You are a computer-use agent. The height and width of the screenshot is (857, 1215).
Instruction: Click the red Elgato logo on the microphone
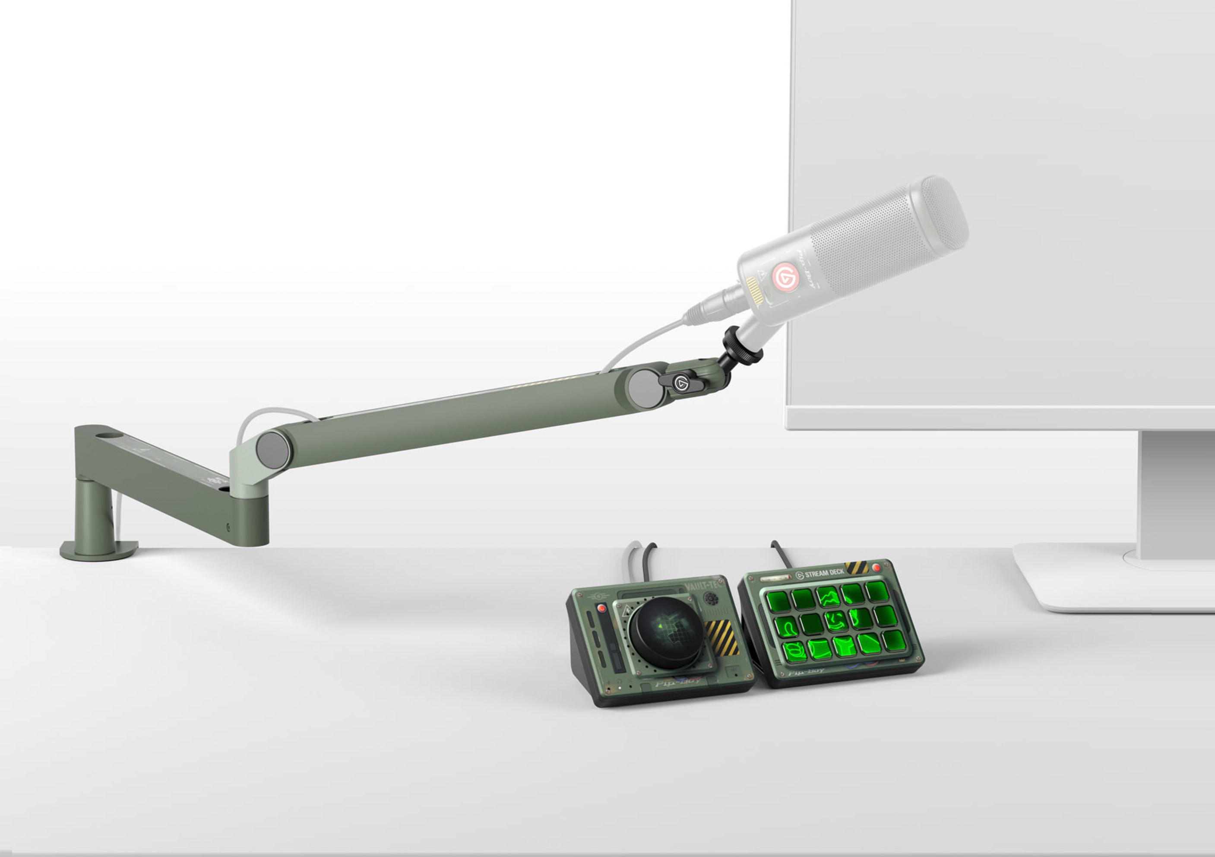[785, 277]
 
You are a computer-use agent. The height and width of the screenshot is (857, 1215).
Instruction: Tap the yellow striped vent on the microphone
[754, 290]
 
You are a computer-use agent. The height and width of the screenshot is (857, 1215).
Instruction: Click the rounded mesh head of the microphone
[943, 213]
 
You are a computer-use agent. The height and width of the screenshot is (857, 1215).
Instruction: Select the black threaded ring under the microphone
[743, 346]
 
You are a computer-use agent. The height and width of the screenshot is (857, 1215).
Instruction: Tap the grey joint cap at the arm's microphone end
[645, 388]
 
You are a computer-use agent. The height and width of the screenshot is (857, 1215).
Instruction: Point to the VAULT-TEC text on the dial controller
[703, 585]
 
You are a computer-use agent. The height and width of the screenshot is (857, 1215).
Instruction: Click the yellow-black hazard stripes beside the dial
[722, 637]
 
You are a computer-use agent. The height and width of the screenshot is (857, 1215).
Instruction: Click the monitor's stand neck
[1175, 492]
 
